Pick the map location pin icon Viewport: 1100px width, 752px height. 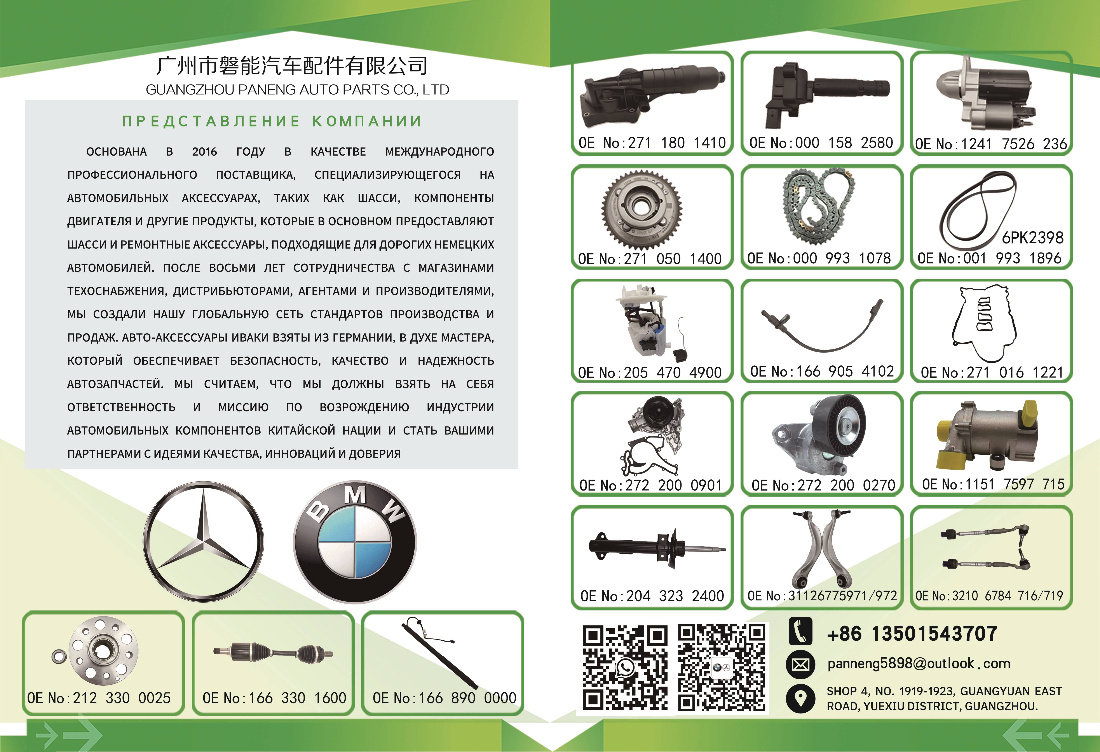pyautogui.click(x=800, y=698)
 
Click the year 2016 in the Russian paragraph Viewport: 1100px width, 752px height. pyautogui.click(x=204, y=152)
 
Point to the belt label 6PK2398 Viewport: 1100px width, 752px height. pyautogui.click(x=1032, y=237)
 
